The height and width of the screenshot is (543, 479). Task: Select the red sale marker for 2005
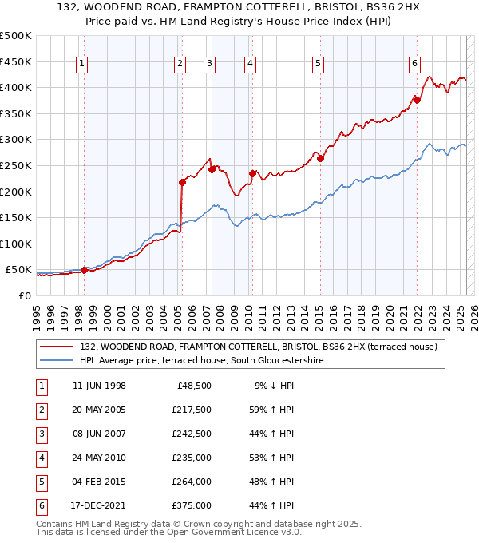pyautogui.click(x=182, y=182)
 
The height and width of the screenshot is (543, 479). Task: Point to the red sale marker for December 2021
pyautogui.click(x=417, y=100)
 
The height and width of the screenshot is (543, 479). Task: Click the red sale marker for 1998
pyautogui.click(x=85, y=270)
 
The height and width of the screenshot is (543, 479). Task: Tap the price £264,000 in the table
pyautogui.click(x=192, y=482)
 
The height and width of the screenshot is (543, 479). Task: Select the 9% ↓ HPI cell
pyautogui.click(x=275, y=386)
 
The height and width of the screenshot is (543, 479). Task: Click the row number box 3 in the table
pyautogui.click(x=40, y=434)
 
